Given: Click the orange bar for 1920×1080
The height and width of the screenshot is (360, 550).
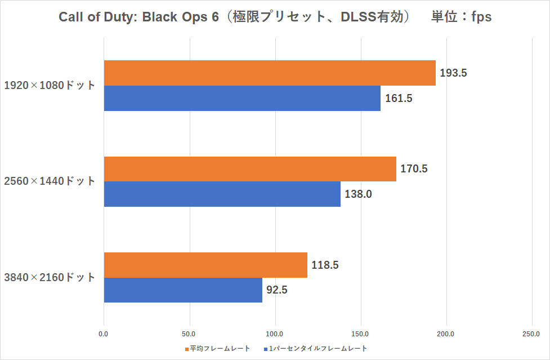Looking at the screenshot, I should click(270, 73).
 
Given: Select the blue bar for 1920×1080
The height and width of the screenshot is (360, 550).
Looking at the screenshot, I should click(242, 98).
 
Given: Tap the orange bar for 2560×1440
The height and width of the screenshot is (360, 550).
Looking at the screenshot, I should click(250, 169).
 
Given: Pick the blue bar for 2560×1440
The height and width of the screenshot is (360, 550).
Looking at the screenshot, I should click(222, 194).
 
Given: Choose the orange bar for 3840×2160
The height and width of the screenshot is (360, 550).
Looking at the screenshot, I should click(205, 265).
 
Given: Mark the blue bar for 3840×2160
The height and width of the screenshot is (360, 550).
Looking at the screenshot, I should click(183, 290).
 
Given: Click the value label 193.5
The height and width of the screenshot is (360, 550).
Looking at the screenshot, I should click(454, 73).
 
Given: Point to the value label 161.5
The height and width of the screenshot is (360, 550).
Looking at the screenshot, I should click(399, 99).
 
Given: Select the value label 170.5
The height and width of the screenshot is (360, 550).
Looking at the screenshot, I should click(414, 169).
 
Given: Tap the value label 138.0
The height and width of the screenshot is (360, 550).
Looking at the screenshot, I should click(359, 194).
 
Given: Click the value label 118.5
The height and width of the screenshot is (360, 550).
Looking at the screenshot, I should click(325, 265).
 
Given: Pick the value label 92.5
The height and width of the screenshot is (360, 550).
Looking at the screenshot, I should click(278, 290).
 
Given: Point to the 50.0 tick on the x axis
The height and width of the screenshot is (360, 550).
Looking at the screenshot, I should click(189, 334).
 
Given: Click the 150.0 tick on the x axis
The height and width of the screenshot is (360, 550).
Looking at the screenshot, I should click(361, 334).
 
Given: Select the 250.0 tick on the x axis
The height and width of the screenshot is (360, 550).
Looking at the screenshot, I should click(532, 334).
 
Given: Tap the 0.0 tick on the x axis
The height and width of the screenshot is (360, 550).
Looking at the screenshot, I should click(104, 334).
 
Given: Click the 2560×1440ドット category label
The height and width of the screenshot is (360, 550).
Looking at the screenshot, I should click(50, 181).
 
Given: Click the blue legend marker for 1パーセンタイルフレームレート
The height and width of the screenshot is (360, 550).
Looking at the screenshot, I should click(265, 349).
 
